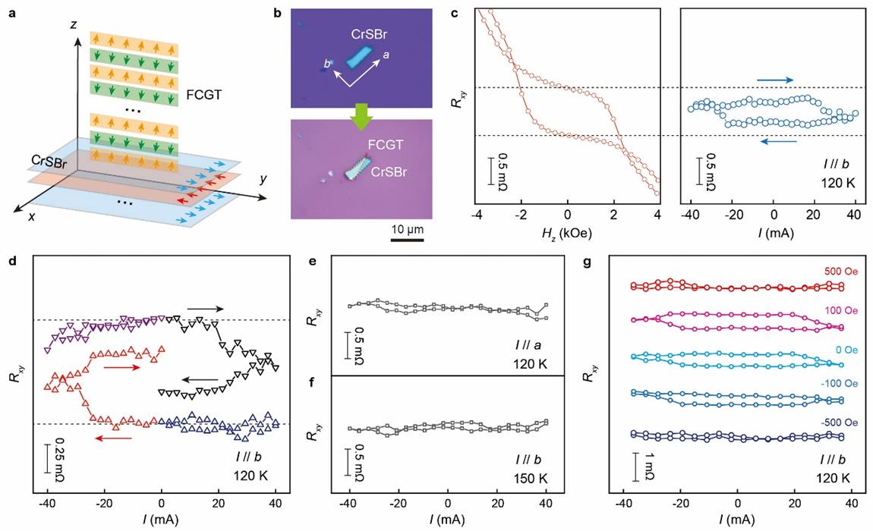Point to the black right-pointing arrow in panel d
coord(205,309)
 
